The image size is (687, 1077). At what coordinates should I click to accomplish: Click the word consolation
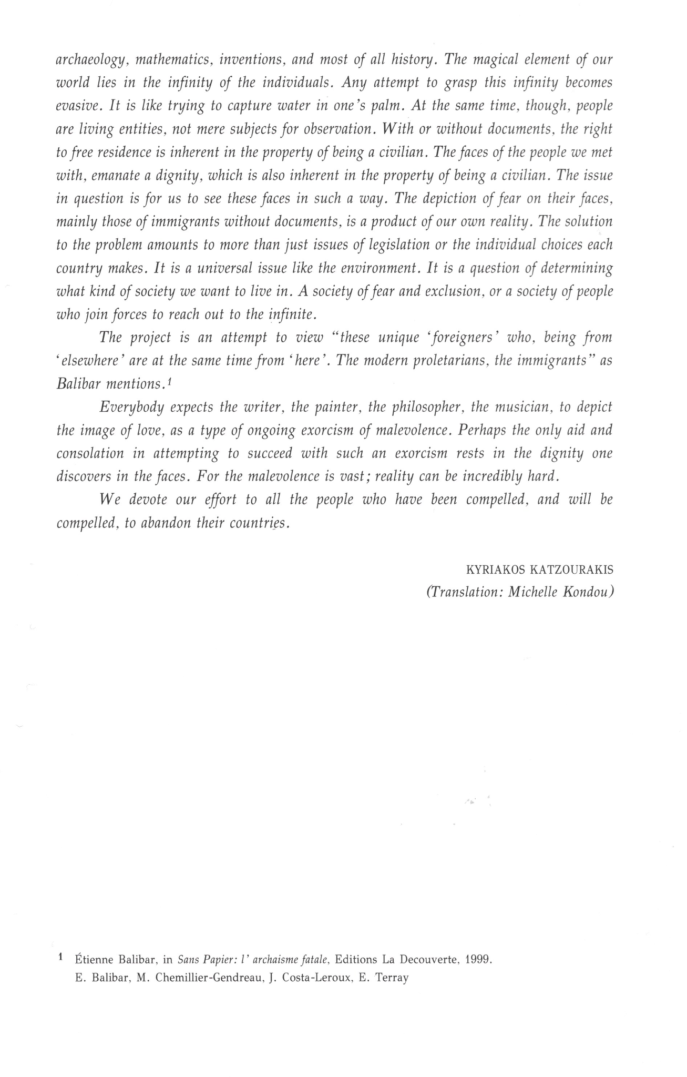[90, 453]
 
